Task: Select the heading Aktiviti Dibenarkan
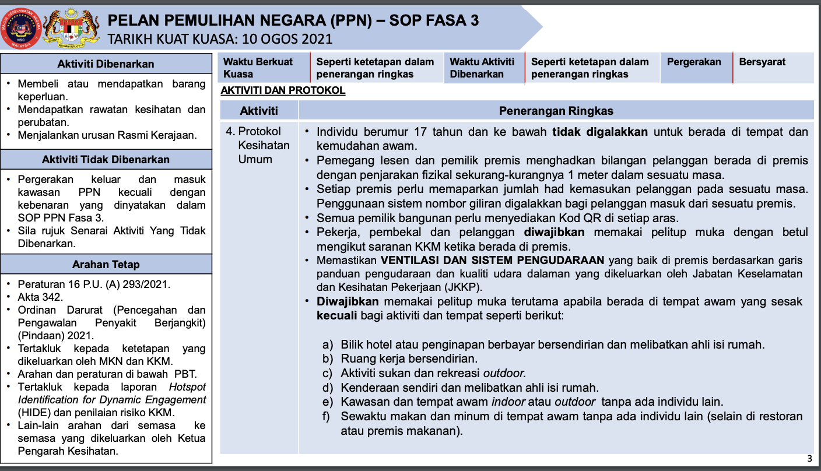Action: pos(106,64)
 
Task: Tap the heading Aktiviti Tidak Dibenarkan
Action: pos(106,159)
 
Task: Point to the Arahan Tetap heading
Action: pos(106,264)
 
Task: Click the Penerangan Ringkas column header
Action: pos(556,111)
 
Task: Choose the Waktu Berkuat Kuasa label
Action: pos(258,68)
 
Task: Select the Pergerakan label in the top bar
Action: pos(694,62)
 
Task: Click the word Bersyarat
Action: pos(762,62)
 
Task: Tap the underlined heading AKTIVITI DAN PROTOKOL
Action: pos(283,90)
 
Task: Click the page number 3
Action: pos(809,458)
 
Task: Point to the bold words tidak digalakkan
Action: pos(600,132)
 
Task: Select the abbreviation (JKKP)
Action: pos(462,287)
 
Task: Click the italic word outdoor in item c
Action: pos(504,373)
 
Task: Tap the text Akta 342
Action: pos(40,297)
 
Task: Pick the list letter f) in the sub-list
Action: pos(327,416)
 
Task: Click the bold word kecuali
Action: pos(337,316)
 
